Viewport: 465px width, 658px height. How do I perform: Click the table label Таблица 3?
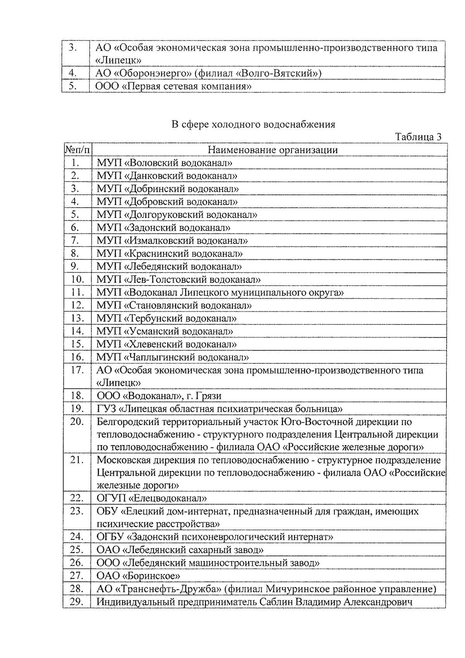418,137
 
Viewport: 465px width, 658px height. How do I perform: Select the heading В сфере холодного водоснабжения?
253,124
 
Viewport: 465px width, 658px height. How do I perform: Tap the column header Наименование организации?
272,150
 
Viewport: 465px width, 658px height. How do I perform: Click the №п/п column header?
77,150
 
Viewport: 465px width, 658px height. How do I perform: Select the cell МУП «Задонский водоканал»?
164,228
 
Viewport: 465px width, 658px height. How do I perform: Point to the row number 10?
78,279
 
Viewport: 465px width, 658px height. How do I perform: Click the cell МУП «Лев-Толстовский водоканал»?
178,279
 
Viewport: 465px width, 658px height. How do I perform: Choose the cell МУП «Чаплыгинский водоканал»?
172,357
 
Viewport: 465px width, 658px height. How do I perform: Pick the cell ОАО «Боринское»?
138,576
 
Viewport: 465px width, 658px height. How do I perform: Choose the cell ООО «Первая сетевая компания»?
174,86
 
